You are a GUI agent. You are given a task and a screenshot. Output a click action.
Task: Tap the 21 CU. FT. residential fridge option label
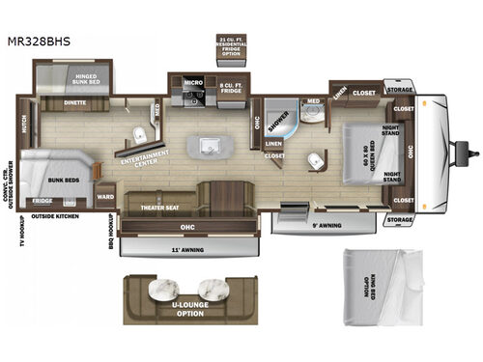pos(233,45)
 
